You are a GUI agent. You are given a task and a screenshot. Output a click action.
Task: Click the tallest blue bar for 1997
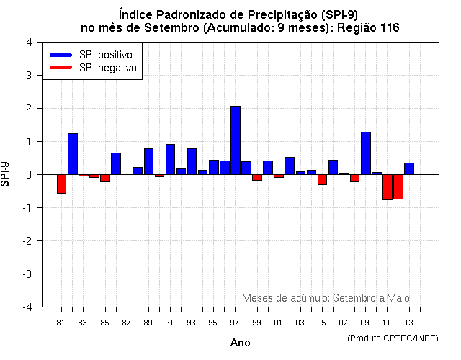pyautogui.click(x=236, y=140)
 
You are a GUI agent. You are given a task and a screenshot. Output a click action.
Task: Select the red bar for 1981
pyautogui.click(x=61, y=184)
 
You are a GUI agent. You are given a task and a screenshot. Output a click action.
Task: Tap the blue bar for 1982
pyautogui.click(x=73, y=154)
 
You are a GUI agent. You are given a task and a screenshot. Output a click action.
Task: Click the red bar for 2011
pyautogui.click(x=388, y=187)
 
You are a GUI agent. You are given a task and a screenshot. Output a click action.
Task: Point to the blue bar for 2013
pyautogui.click(x=409, y=168)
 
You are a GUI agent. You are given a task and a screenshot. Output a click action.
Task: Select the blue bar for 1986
pyautogui.click(x=116, y=163)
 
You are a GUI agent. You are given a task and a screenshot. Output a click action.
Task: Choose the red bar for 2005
pyautogui.click(x=323, y=179)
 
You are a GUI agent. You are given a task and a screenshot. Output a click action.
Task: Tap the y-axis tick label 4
pyautogui.click(x=28, y=42)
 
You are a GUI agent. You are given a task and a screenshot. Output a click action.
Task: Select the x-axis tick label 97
pyautogui.click(x=236, y=323)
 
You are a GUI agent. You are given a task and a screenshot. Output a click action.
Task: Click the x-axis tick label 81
pyautogui.click(x=61, y=323)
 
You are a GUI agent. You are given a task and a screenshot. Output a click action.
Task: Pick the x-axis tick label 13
pyautogui.click(x=409, y=323)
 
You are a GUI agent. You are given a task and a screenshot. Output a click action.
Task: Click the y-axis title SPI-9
pyautogui.click(x=7, y=174)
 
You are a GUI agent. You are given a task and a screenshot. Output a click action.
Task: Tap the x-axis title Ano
pyautogui.click(x=240, y=343)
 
